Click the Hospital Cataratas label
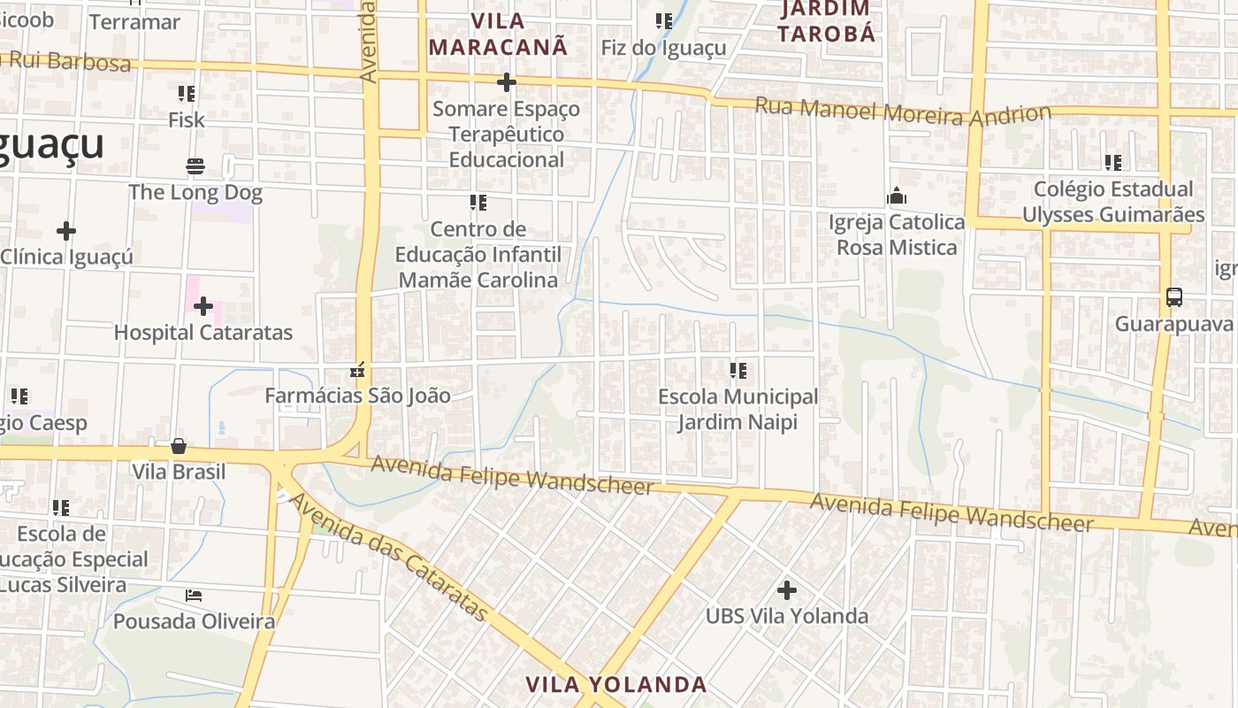(203, 333)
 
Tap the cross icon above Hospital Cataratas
(203, 306)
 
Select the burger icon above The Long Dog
(195, 165)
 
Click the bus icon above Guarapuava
(1173, 297)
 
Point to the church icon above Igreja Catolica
(897, 196)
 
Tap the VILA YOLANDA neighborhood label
(616, 684)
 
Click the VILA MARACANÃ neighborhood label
(498, 34)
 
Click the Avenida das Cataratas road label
(388, 558)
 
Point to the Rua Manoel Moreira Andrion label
(902, 112)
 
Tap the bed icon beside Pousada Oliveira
(194, 596)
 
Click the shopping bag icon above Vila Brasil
(179, 446)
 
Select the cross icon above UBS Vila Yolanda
(786, 589)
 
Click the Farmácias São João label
(357, 396)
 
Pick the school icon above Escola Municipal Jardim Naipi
(737, 371)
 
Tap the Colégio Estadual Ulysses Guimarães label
(1112, 202)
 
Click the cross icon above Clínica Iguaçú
(65, 232)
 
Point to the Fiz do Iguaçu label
(663, 48)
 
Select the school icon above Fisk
(186, 94)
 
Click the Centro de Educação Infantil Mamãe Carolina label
(478, 255)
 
